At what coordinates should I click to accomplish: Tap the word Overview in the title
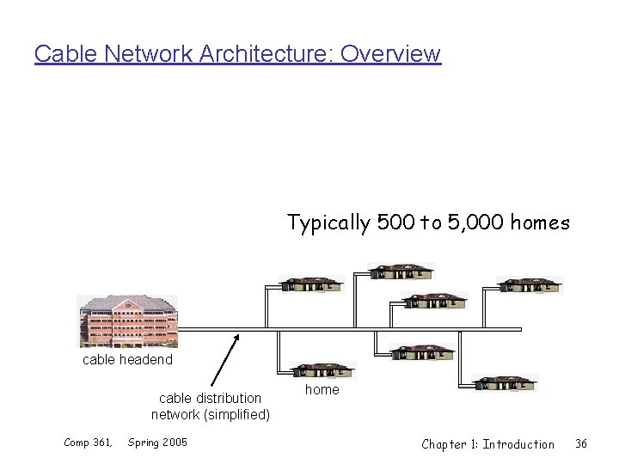click(390, 53)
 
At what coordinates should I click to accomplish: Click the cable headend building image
click(127, 320)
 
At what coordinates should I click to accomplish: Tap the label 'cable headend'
click(127, 359)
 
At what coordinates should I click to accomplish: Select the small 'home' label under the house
click(322, 389)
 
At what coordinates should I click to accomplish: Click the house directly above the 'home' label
click(322, 370)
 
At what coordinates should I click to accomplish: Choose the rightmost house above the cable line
click(530, 284)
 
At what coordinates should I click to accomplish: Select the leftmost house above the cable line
click(311, 284)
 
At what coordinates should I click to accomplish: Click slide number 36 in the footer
click(581, 443)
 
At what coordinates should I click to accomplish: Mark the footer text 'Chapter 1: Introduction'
click(487, 444)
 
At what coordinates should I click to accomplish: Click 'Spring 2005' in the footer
click(157, 443)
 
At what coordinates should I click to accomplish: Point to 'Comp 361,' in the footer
click(89, 443)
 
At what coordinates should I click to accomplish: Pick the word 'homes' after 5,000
click(540, 223)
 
